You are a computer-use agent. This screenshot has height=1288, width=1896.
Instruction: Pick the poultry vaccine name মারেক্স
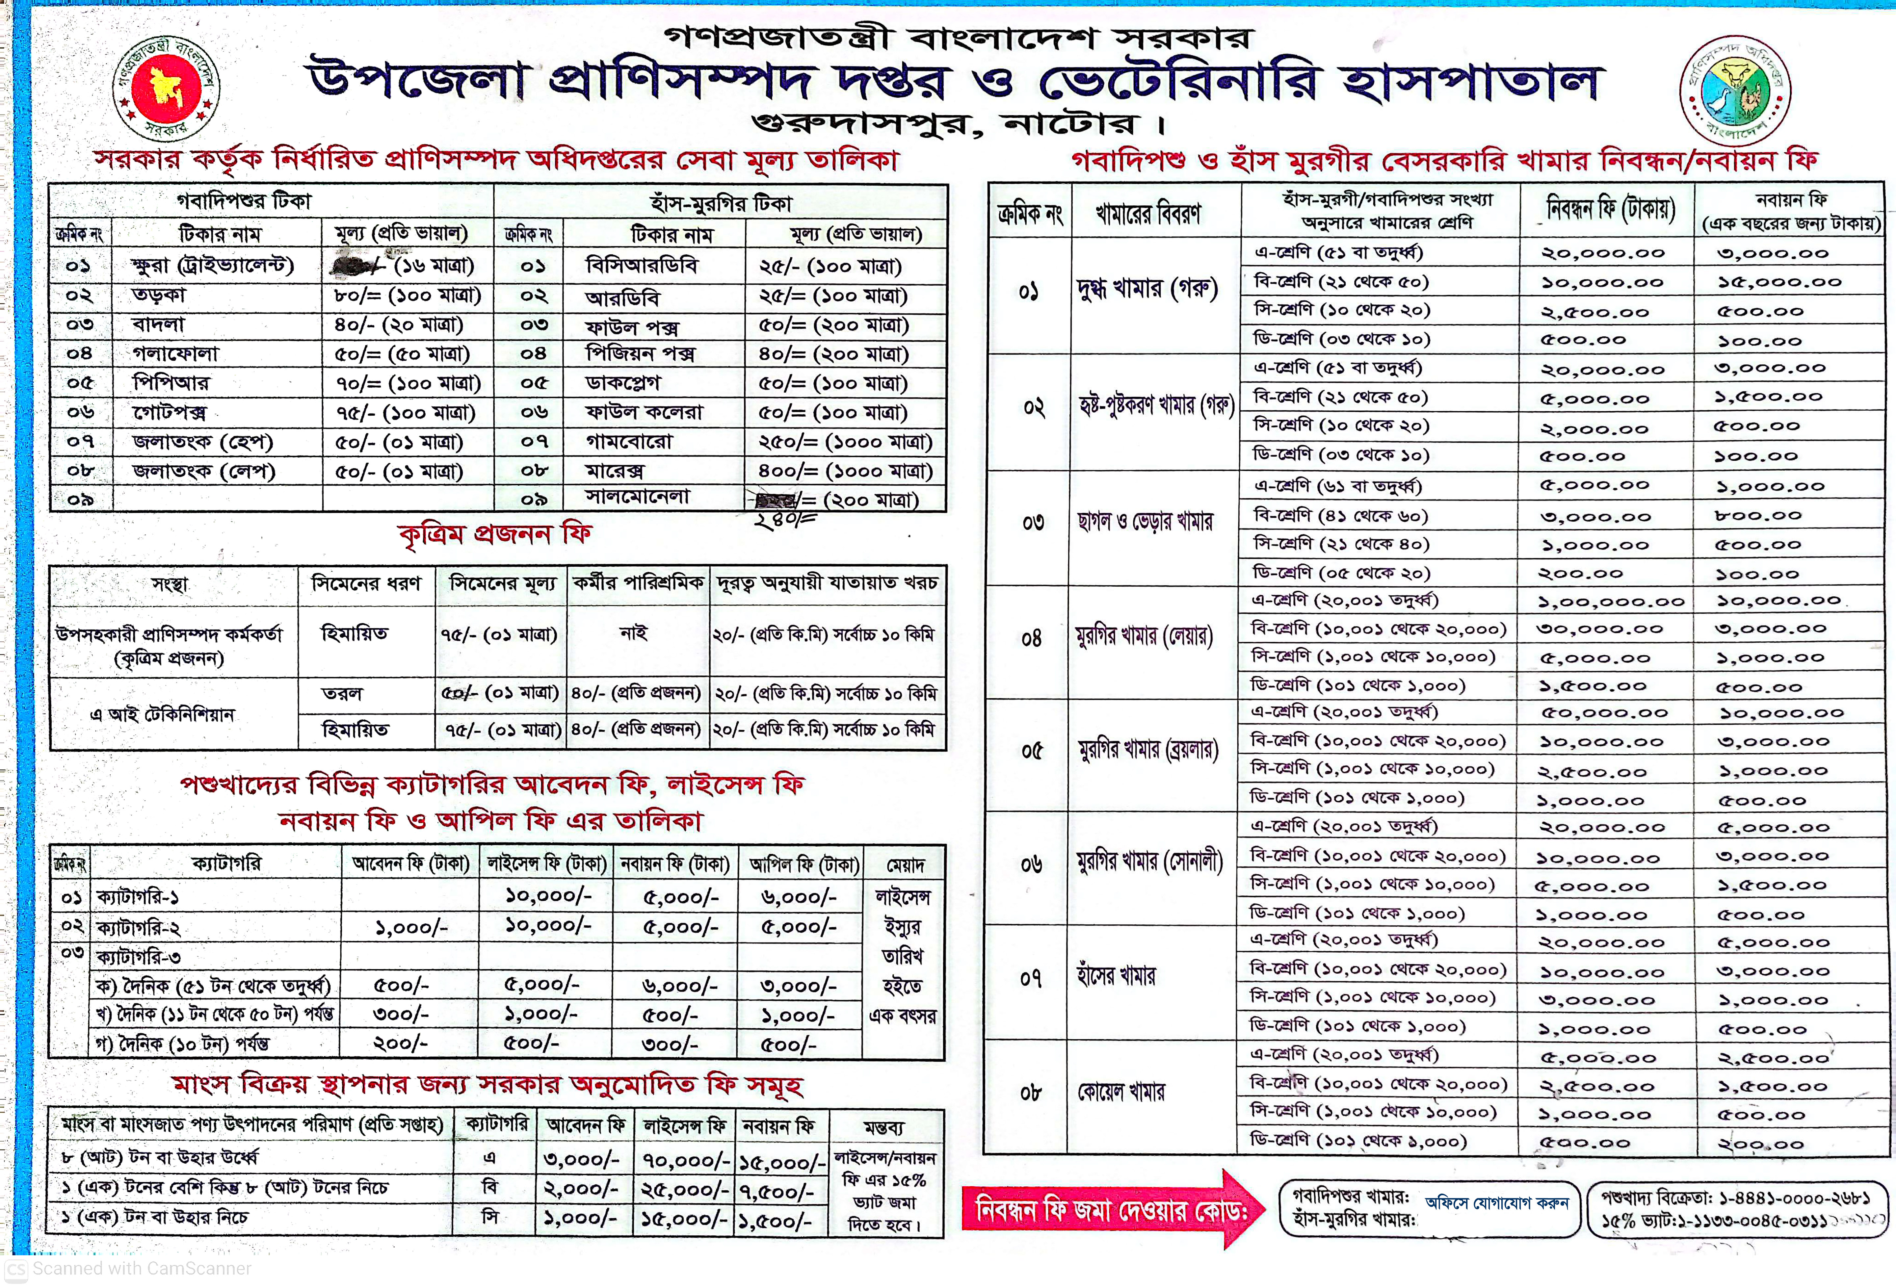coord(615,471)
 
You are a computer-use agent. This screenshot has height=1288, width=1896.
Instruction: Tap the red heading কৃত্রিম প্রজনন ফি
coord(495,534)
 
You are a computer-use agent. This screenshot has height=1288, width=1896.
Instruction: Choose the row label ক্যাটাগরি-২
coord(139,927)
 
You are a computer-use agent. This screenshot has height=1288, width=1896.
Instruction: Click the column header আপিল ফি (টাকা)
coord(803,864)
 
